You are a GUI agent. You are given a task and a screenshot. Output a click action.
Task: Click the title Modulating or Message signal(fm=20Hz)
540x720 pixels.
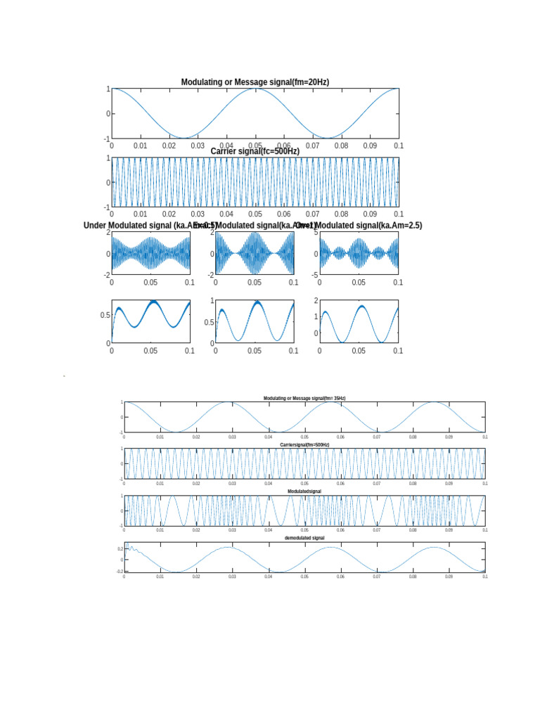255,82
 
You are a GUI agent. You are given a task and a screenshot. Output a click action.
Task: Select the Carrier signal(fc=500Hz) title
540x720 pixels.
255,151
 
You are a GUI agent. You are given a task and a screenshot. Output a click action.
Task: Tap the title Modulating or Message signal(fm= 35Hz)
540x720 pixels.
304,399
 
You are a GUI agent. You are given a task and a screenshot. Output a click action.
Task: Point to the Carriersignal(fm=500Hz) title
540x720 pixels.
304,445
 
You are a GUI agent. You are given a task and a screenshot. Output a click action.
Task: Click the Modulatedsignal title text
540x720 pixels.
304,491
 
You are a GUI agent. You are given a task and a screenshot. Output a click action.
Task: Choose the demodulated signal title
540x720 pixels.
304,538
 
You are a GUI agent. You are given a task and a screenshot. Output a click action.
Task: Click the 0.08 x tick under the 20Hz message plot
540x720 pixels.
341,146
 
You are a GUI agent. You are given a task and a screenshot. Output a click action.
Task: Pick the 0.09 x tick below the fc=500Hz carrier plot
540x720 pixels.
370,214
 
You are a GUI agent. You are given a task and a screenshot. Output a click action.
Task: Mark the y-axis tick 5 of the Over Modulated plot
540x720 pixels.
316,232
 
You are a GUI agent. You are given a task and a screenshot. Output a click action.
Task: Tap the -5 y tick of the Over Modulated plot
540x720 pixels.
315,275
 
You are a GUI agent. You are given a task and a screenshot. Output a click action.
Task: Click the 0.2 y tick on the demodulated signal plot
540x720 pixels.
120,548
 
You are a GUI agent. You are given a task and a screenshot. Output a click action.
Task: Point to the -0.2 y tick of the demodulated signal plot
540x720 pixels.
120,572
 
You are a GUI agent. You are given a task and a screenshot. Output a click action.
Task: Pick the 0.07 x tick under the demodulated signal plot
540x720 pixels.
377,577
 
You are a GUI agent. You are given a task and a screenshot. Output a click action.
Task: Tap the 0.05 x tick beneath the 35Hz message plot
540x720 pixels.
304,437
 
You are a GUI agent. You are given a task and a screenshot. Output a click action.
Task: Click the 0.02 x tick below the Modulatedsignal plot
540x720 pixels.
196,530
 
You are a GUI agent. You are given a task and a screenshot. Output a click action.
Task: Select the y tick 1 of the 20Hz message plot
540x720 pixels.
108,89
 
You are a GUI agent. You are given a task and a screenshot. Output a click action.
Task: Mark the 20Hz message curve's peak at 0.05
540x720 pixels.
256,89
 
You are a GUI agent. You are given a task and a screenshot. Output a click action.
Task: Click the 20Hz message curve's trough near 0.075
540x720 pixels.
327,138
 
